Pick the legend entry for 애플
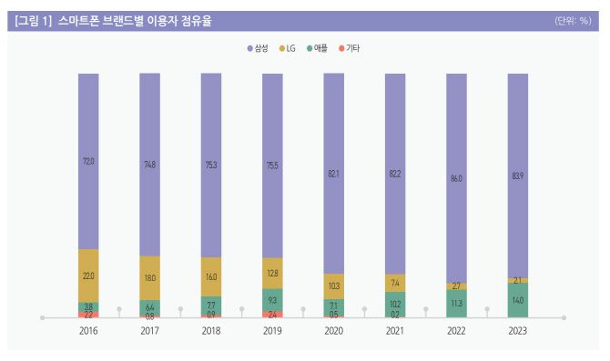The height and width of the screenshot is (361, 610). tap(320, 47)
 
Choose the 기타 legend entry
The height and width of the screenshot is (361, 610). tap(350, 47)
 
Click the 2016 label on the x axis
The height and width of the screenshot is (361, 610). tap(88, 332)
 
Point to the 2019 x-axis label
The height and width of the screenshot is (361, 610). tap(272, 332)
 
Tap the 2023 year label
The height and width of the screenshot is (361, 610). tap(517, 332)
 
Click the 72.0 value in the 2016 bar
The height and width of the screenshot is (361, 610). tap(88, 161)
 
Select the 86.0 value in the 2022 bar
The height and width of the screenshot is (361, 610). tap(456, 178)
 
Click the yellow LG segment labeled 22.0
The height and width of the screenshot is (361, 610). tap(88, 276)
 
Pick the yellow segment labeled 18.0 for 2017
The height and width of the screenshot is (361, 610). tap(149, 278)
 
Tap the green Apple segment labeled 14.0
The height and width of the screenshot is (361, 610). tap(517, 300)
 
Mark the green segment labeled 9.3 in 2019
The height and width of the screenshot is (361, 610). tap(272, 300)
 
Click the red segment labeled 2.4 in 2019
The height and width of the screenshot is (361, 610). tap(272, 315)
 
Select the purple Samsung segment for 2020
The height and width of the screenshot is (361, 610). tap(333, 173)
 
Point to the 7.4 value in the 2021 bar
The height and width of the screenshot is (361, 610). tap(395, 284)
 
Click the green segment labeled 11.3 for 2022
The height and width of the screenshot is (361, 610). tap(456, 304)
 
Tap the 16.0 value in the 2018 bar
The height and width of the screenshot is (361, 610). tap(211, 276)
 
